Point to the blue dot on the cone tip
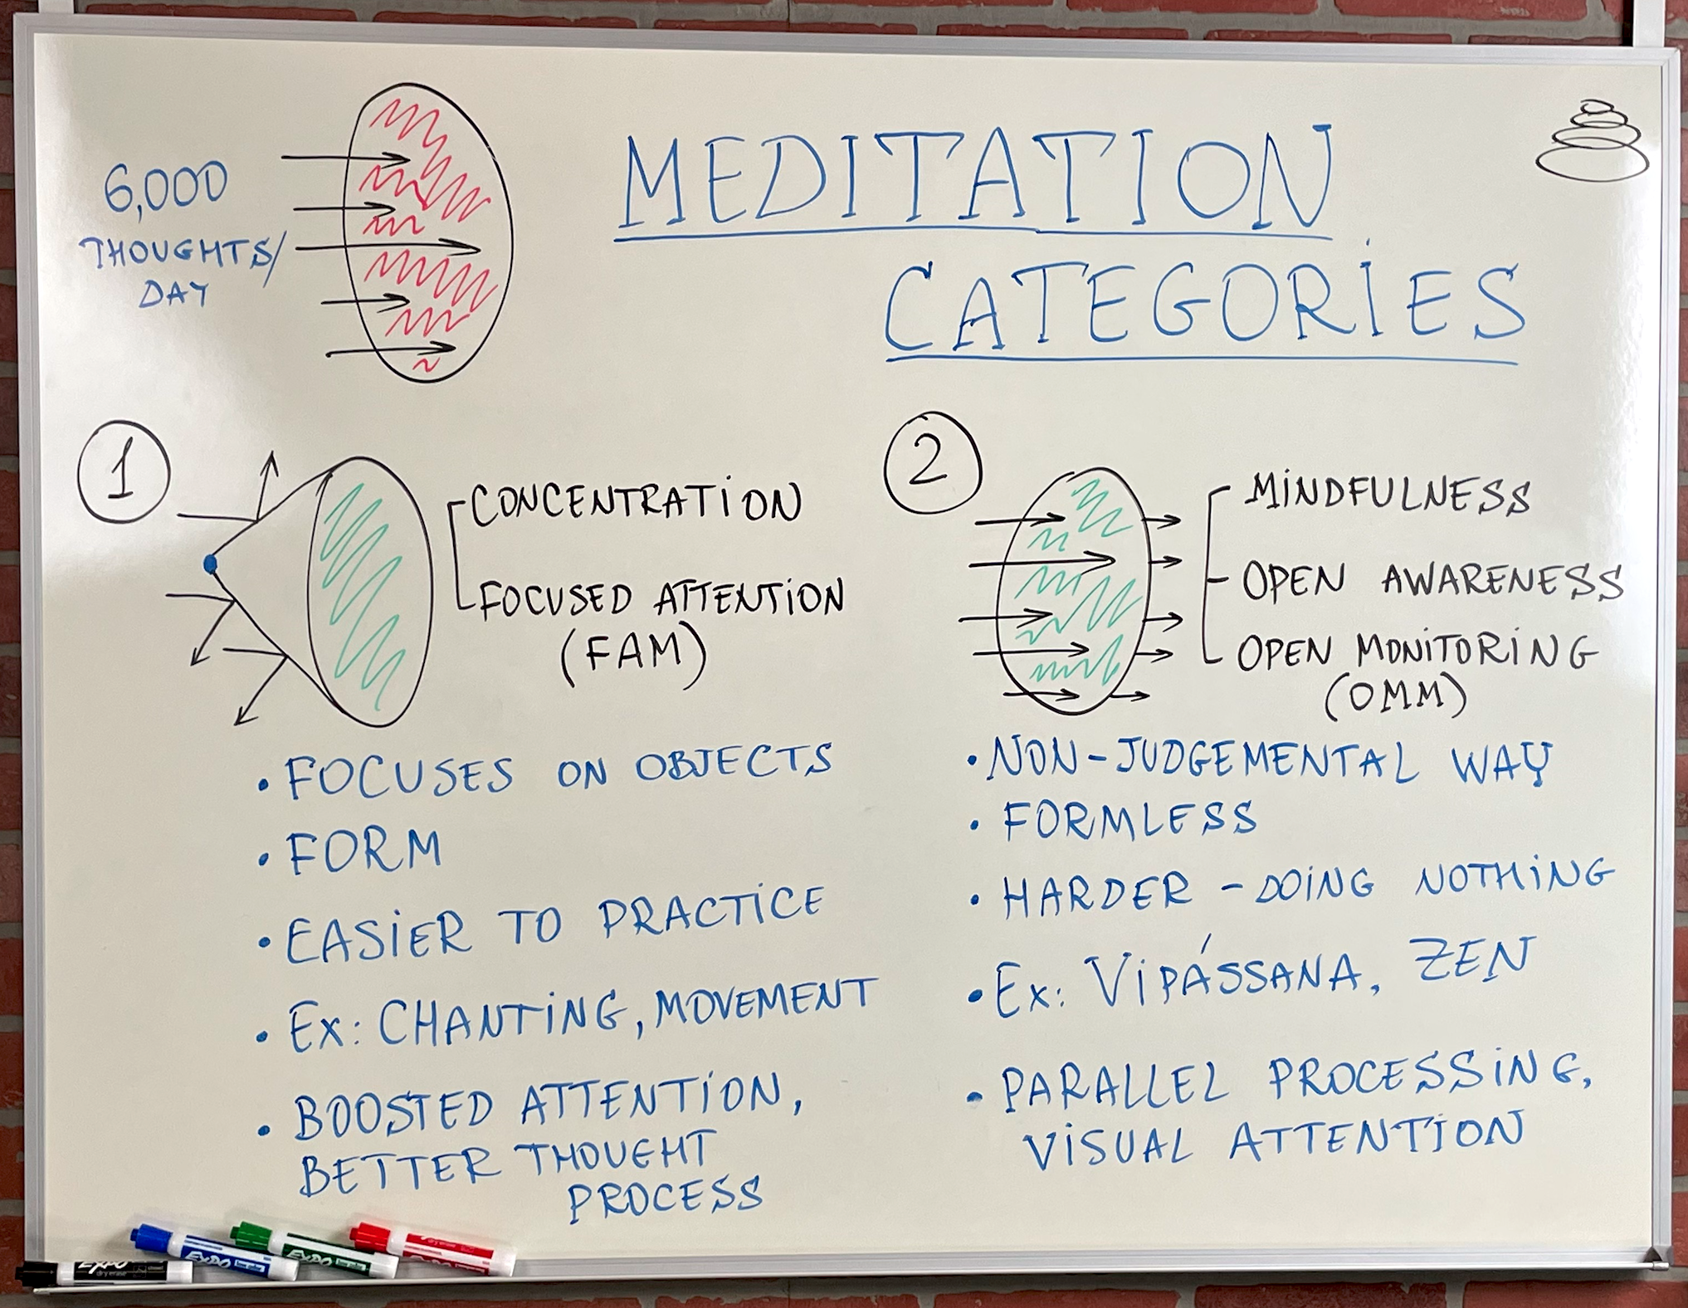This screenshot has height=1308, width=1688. (210, 564)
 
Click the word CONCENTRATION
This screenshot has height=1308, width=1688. (636, 501)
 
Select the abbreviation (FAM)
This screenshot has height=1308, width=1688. (633, 656)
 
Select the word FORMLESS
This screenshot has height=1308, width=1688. (1129, 819)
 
